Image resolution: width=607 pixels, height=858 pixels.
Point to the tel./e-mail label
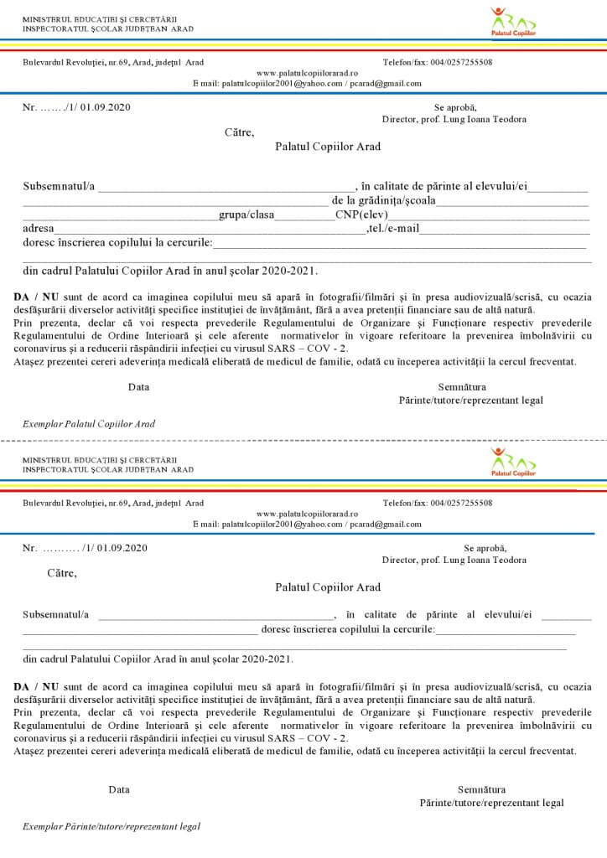click(x=392, y=229)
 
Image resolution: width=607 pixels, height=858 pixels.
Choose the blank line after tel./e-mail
click(x=503, y=231)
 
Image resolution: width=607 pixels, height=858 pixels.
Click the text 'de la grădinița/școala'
click(x=383, y=201)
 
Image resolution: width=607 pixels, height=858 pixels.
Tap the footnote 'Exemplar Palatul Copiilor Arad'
click(x=89, y=424)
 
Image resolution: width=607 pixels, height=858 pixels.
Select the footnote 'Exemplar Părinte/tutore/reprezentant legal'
click(x=112, y=826)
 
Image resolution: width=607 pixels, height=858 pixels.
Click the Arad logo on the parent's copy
click(x=512, y=463)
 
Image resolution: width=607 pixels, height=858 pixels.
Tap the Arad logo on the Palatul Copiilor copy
click(x=512, y=23)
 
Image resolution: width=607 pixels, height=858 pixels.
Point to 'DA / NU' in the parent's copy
click(x=36, y=686)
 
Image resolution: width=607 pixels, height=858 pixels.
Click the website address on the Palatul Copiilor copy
click(x=307, y=73)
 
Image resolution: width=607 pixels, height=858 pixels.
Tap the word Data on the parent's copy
click(x=119, y=789)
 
